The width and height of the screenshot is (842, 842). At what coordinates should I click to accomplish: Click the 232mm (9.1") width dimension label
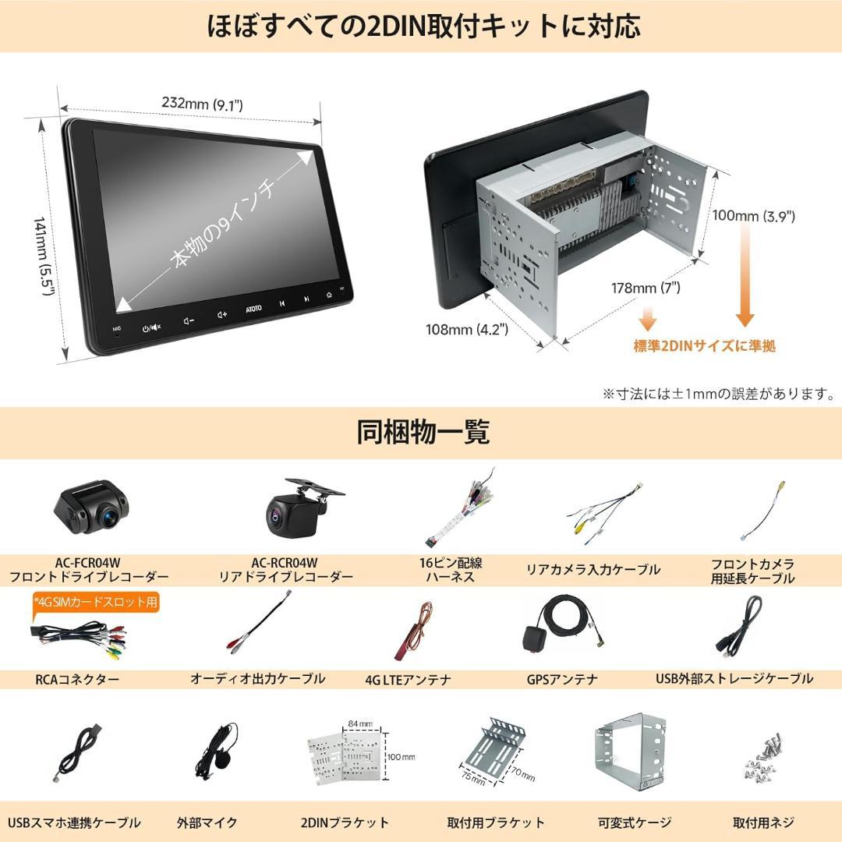click(203, 103)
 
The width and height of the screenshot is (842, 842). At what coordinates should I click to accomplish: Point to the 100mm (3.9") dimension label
click(753, 216)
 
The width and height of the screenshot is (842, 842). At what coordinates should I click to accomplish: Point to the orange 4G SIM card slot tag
click(96, 601)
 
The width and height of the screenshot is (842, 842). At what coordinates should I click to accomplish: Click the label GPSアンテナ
click(562, 679)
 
